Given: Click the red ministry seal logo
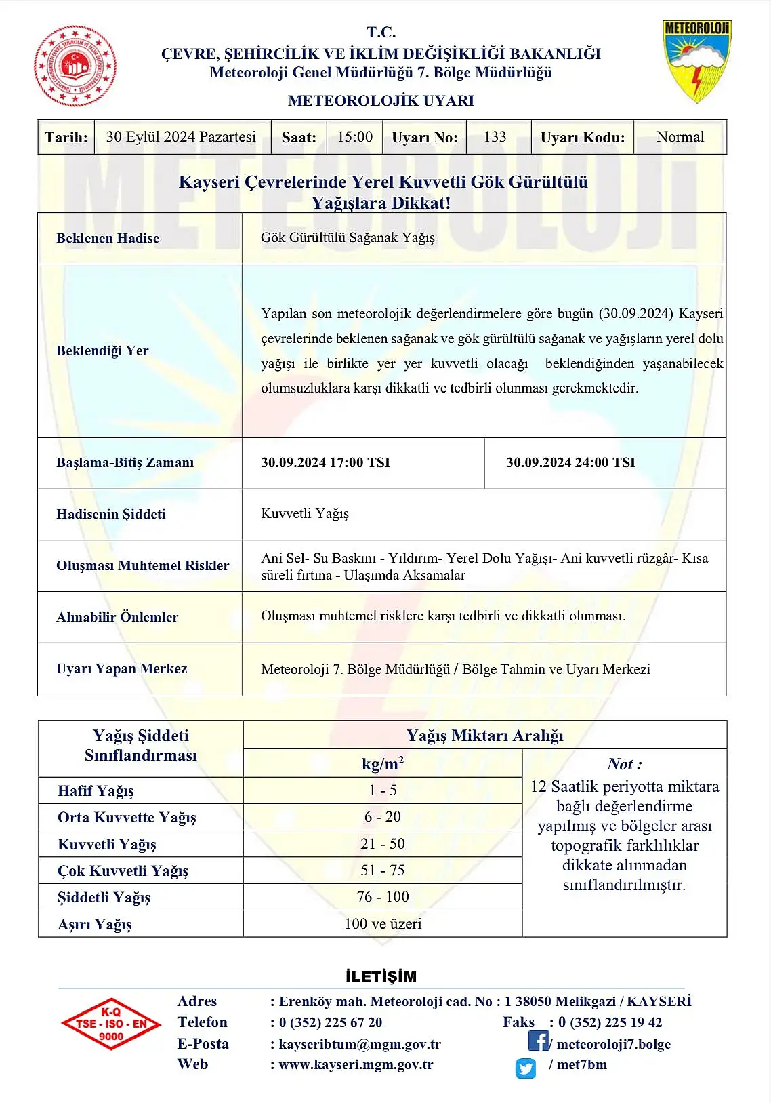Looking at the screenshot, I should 75,66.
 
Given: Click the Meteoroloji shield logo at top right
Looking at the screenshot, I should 696,62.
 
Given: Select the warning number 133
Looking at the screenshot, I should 495,137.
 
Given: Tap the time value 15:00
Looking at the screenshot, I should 355,137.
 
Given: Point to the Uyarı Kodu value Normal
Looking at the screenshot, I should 680,137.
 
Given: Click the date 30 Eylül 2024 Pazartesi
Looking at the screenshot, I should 181,137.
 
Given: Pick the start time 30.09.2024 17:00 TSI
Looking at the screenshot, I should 325,462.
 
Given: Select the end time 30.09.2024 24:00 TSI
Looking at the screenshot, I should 570,462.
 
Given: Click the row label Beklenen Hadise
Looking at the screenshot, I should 108,238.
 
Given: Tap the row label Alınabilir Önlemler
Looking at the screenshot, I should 117,617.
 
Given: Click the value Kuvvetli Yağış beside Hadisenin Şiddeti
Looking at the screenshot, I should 305,514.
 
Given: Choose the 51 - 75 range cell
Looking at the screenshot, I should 382,870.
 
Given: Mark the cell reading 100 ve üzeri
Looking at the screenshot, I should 383,924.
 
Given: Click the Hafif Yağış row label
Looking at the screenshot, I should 96,791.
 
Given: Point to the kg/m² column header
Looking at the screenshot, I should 383,764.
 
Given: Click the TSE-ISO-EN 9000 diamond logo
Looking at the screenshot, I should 110,1024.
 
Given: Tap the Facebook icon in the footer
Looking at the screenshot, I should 538,1041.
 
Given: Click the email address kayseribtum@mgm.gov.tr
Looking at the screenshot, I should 360,1044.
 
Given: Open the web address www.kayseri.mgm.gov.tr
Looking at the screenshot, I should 356,1065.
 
